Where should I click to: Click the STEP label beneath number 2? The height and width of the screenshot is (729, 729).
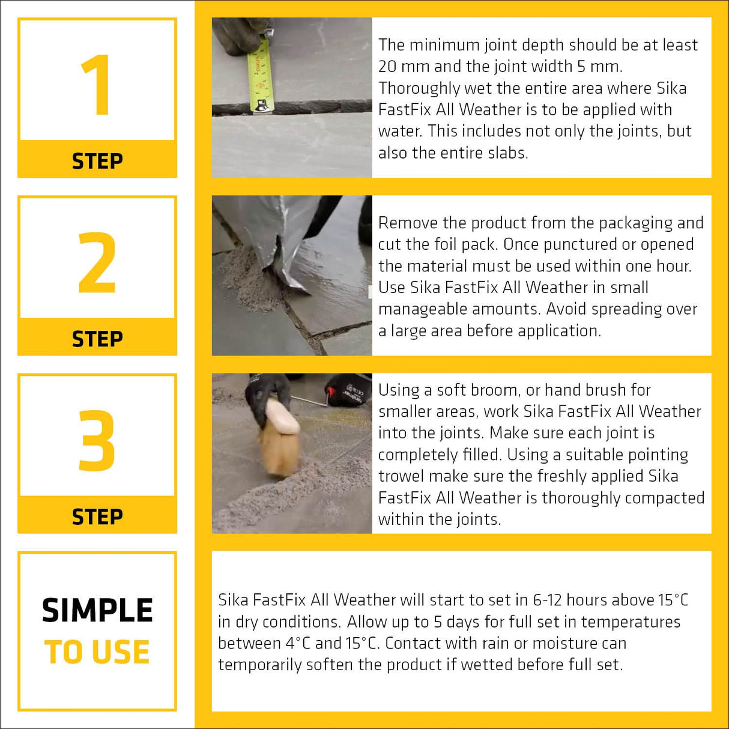click(97, 339)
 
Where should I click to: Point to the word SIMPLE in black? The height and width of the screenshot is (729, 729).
click(97, 611)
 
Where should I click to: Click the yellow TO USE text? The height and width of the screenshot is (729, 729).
click(97, 652)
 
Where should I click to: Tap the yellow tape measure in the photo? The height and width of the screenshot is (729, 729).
click(261, 75)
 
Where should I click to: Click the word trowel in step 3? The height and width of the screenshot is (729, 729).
click(400, 476)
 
